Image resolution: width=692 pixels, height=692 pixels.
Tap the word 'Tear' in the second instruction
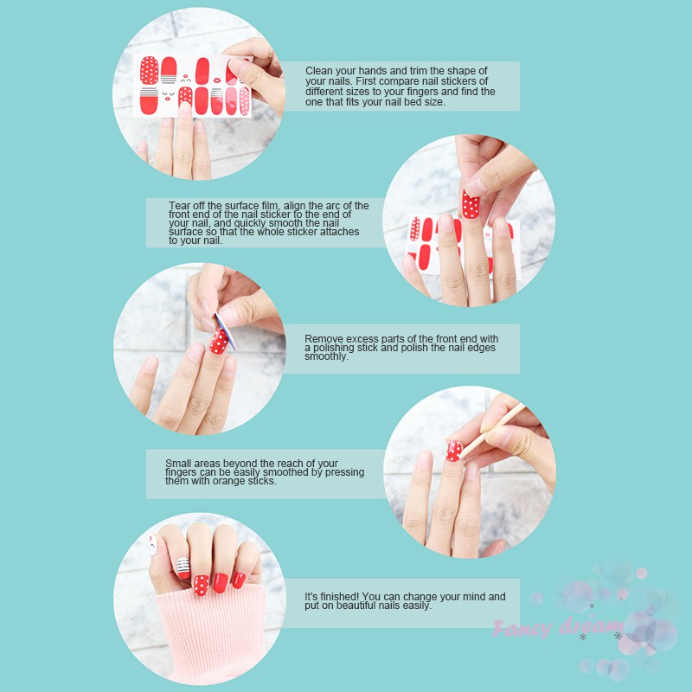click(x=179, y=206)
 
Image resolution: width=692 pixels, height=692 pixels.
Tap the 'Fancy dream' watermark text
click(x=558, y=627)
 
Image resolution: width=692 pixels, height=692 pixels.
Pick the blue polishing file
click(x=226, y=331)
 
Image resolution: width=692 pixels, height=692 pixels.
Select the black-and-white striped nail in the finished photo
click(x=183, y=567)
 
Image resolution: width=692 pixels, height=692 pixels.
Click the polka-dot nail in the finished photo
click(x=201, y=586)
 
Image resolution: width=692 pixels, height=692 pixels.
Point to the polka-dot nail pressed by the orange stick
click(x=454, y=451)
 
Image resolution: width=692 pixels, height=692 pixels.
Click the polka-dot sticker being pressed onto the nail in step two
click(x=471, y=204)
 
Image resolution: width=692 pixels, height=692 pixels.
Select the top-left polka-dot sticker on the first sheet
click(x=149, y=70)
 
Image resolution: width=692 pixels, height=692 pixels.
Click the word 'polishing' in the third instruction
click(x=334, y=348)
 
